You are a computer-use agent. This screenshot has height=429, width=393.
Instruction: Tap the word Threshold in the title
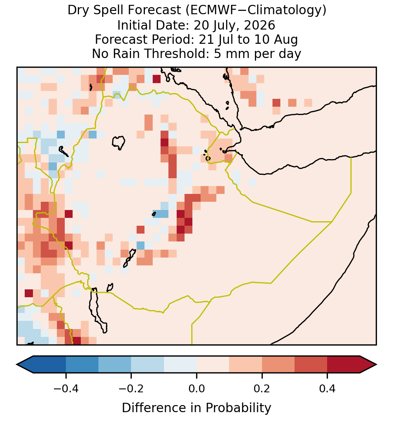tap(177, 54)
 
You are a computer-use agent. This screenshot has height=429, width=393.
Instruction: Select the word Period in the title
tap(172, 40)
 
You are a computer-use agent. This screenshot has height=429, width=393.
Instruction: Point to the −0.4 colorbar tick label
tap(66, 389)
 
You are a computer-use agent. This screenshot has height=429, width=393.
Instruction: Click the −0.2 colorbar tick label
tap(131, 389)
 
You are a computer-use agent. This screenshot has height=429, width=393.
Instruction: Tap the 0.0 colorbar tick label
tap(196, 389)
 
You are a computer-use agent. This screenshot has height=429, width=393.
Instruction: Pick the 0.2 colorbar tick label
tap(262, 389)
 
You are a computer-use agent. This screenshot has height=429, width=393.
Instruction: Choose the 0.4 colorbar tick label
tap(327, 389)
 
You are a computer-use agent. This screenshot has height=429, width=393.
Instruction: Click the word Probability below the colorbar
tap(238, 408)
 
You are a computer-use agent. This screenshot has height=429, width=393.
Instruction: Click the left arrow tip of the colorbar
tap(16, 365)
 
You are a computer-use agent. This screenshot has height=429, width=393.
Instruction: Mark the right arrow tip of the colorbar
tap(377, 365)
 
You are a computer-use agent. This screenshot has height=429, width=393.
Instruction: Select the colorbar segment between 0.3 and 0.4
tap(311, 365)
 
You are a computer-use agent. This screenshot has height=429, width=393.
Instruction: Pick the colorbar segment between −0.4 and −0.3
tap(82, 365)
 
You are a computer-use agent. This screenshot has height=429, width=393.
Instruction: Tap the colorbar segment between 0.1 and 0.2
tap(246, 365)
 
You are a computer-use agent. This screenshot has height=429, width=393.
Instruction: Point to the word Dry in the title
tap(79, 10)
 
